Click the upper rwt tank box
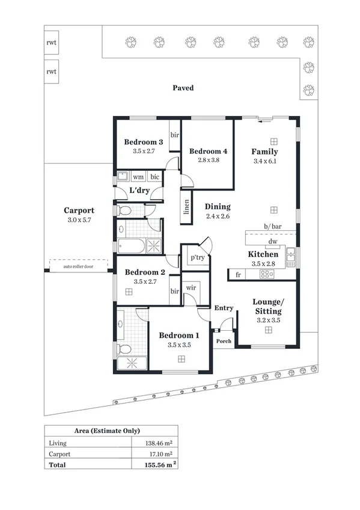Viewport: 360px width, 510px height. [x=51, y=43]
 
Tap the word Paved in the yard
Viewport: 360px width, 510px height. [x=183, y=88]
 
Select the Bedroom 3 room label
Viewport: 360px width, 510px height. [x=143, y=142]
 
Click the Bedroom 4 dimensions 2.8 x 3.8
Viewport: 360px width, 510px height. [x=208, y=160]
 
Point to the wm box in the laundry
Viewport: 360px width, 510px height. [x=138, y=177]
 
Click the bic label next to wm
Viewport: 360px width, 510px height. [x=154, y=177]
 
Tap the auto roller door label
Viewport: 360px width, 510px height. [x=77, y=266]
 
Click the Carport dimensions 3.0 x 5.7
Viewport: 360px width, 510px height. [x=79, y=220]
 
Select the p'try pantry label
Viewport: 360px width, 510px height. [x=197, y=257]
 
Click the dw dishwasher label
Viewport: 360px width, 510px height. [x=272, y=241]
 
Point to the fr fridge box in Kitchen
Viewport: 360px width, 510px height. [x=238, y=274]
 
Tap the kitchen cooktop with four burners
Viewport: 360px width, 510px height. [x=266, y=274]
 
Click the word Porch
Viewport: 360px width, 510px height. [x=223, y=341]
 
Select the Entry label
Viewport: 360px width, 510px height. [x=224, y=308]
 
